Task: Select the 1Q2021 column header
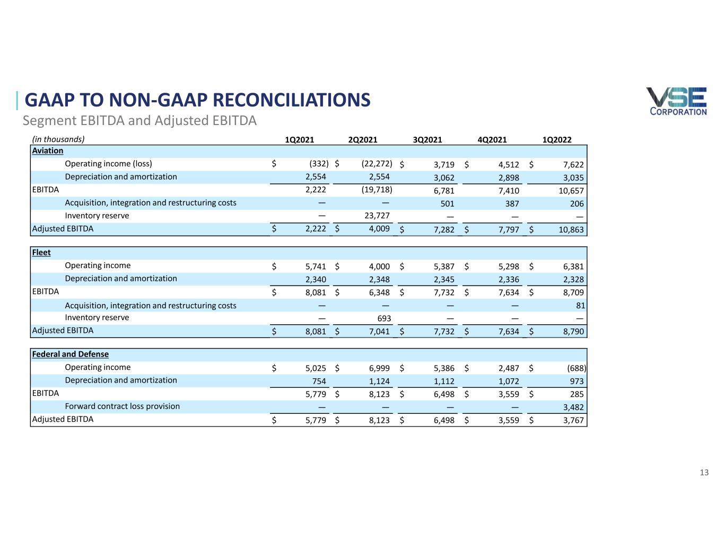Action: [x=299, y=140]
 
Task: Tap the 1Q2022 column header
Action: [x=557, y=140]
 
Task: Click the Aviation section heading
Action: [x=48, y=150]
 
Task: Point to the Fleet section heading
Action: [x=41, y=253]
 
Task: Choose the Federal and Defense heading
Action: [x=71, y=354]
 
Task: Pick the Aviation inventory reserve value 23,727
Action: [x=377, y=216]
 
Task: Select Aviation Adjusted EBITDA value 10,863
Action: [x=571, y=229]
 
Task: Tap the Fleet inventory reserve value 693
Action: [x=384, y=318]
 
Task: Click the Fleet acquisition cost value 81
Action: [x=580, y=305]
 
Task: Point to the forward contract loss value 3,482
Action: [x=573, y=407]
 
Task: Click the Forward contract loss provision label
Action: [x=123, y=406]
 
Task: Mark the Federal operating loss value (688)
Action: [x=577, y=368]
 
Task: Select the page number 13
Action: [x=704, y=473]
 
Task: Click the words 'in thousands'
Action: [x=58, y=139]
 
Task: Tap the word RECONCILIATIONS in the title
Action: [x=292, y=100]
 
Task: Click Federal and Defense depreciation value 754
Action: [x=319, y=381]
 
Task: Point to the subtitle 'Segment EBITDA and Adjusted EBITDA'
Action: [x=139, y=120]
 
